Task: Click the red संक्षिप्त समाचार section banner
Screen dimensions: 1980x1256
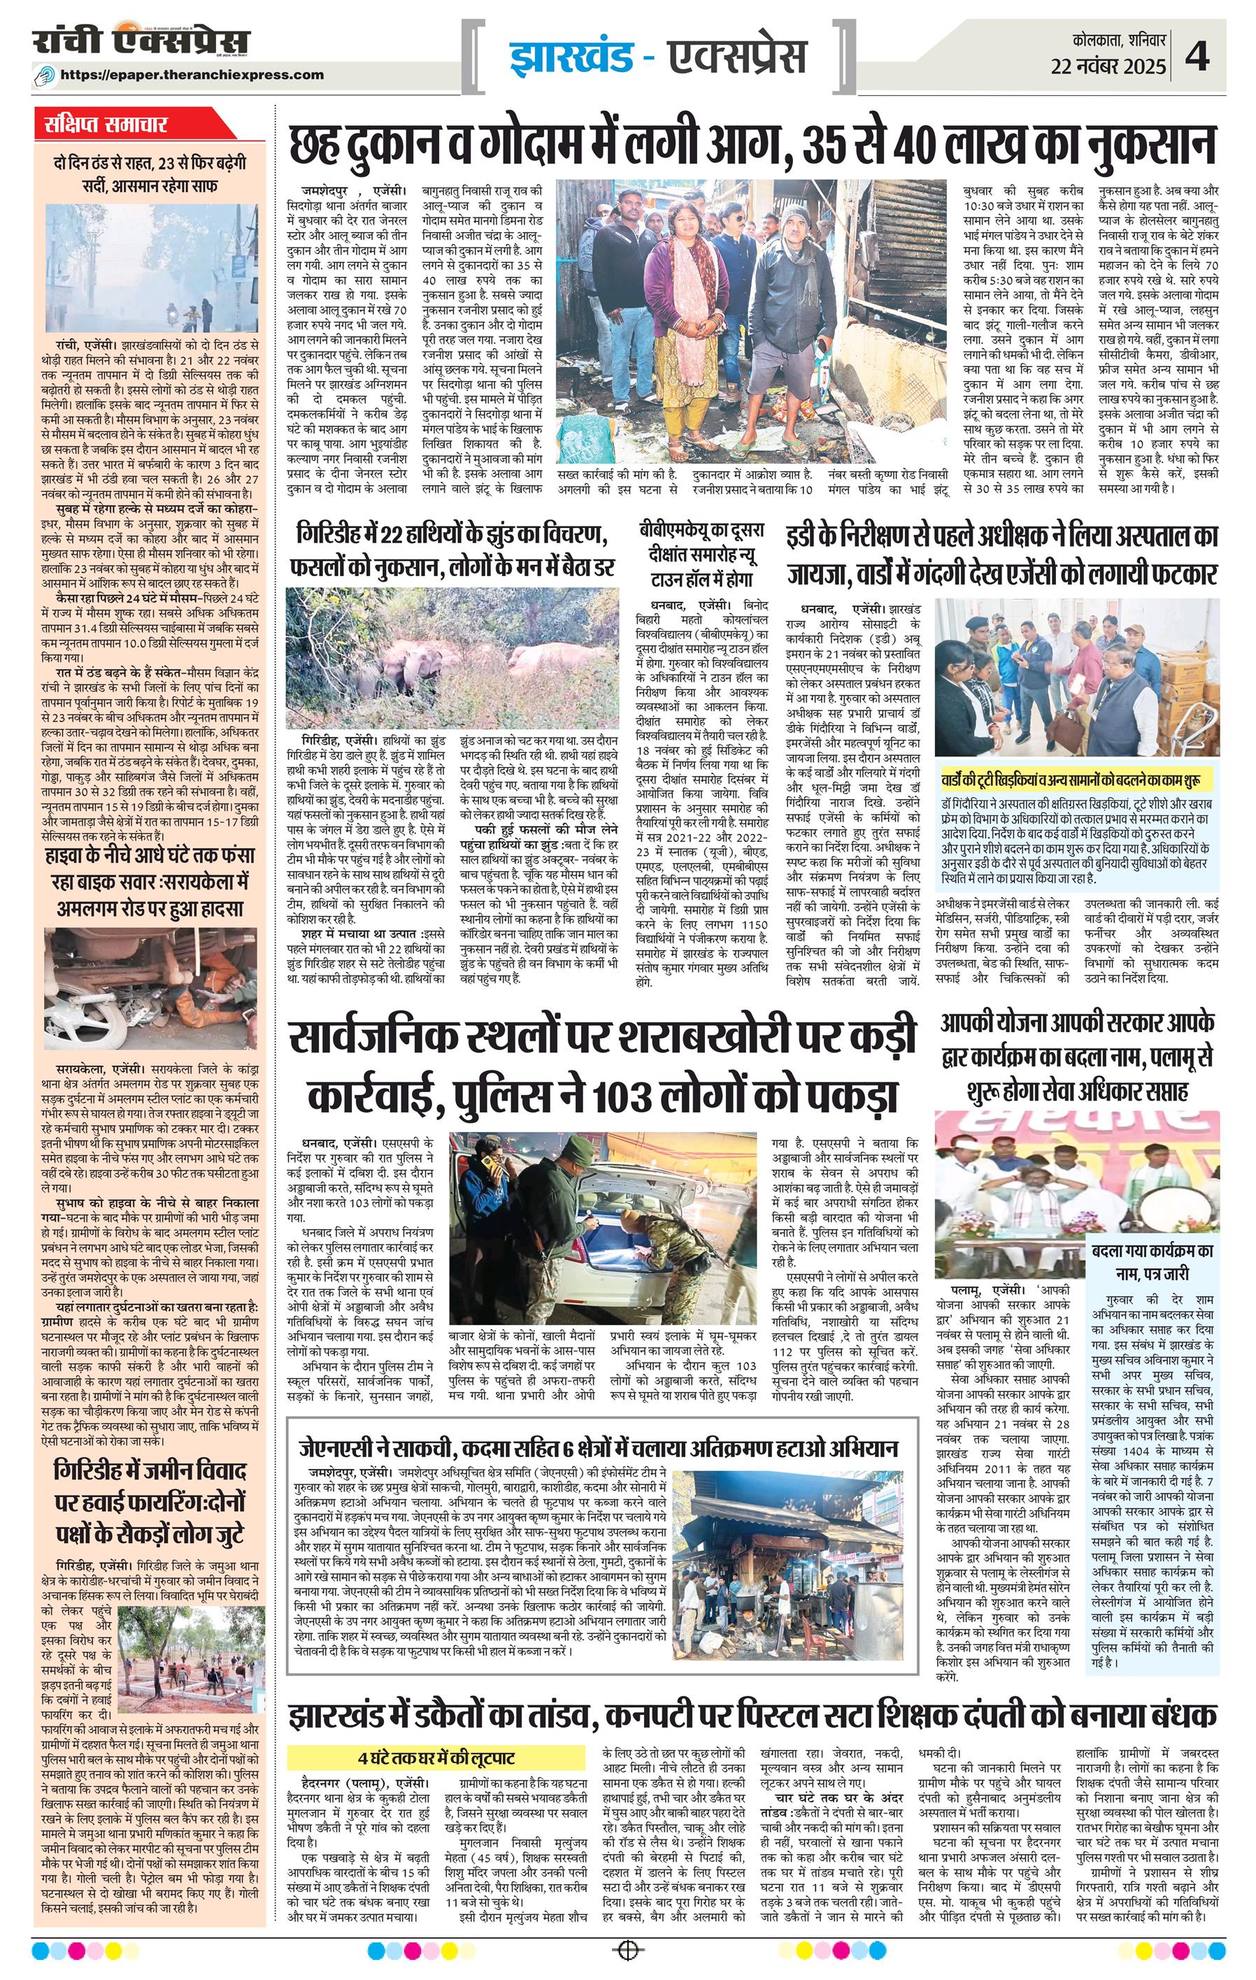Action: (x=106, y=125)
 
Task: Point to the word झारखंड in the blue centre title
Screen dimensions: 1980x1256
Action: (x=571, y=57)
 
